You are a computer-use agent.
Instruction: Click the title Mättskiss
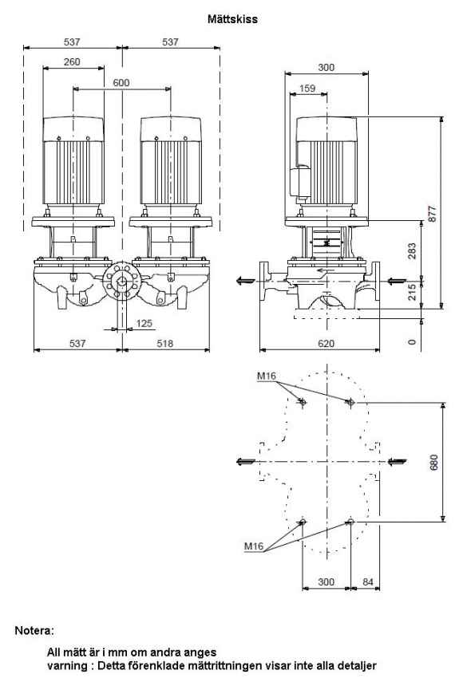point(232,19)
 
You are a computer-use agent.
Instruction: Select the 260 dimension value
point(72,62)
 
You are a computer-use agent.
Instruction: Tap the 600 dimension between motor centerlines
point(121,83)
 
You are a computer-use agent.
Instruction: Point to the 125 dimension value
point(144,323)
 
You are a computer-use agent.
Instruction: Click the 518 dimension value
point(165,343)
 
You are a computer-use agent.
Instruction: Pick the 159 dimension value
point(307,89)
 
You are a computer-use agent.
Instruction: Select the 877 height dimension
point(433,214)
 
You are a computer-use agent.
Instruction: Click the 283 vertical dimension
point(412,250)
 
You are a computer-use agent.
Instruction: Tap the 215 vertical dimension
point(412,292)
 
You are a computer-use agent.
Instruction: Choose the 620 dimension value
point(327,343)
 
